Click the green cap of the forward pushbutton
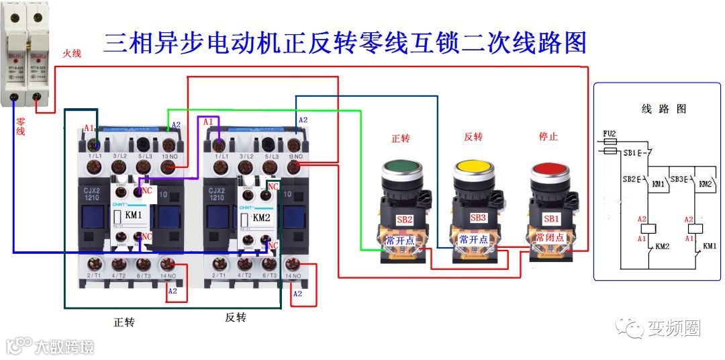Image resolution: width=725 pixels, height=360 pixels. (401, 168)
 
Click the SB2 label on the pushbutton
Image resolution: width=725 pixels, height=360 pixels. (404, 220)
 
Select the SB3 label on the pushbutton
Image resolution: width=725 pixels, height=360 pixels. (478, 218)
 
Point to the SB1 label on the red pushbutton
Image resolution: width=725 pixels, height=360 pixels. (551, 220)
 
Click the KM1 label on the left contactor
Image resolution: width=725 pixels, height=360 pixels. (134, 216)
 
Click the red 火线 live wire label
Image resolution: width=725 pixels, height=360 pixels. (72, 53)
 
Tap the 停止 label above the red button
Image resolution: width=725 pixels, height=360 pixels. (548, 137)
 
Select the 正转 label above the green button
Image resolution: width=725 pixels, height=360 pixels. (400, 138)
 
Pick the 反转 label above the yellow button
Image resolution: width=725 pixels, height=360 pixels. (473, 137)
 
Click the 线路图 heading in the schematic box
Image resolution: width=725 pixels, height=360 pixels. (663, 109)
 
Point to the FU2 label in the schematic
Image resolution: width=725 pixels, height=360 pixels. (610, 134)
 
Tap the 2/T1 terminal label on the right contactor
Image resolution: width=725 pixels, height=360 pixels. (218, 276)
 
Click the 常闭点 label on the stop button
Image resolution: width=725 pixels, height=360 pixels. (549, 238)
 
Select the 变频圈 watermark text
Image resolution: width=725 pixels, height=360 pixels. (673, 328)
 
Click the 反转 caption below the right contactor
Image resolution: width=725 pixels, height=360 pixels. (235, 317)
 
